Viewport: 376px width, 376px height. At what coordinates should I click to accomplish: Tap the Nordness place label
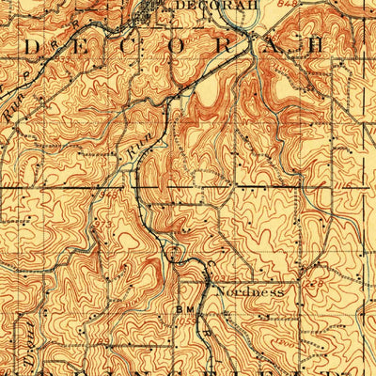click(x=249, y=291)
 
